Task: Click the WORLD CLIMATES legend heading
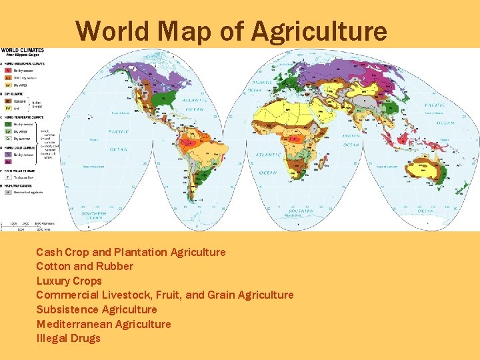tap(23, 51)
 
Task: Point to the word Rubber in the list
tap(115, 266)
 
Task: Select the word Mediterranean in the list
tap(74, 324)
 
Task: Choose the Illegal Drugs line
tap(68, 338)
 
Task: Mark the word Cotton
tap(53, 266)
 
